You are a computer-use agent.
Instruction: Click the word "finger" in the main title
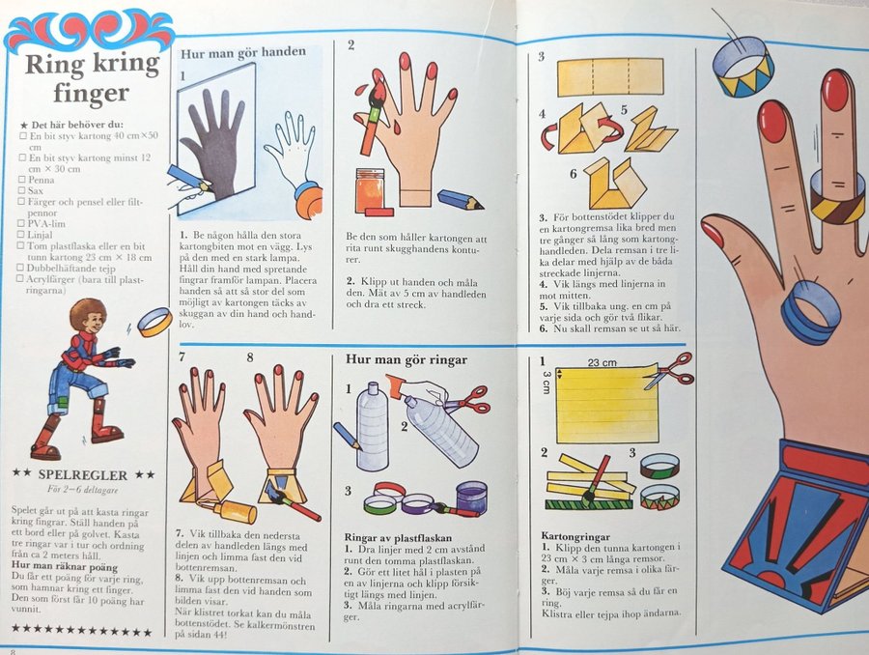tap(92, 93)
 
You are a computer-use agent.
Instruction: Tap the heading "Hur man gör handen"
tap(243, 53)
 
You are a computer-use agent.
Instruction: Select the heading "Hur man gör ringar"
tap(406, 359)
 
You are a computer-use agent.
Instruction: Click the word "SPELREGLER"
tap(83, 475)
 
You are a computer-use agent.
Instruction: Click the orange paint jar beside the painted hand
tap(372, 188)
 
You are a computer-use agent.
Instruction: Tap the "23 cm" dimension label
tap(602, 362)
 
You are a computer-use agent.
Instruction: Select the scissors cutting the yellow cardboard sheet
tap(668, 370)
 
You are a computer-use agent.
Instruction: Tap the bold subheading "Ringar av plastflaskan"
tap(398, 537)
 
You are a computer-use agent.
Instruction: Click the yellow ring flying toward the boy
tap(153, 323)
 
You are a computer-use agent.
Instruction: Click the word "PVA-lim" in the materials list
tap(46, 224)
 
